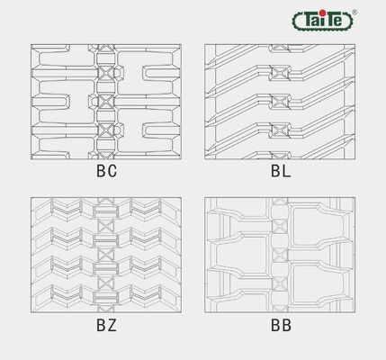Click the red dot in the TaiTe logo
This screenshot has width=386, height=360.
tap(322, 13)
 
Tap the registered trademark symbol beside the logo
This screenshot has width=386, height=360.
tap(355, 12)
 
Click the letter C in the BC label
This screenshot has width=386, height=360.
tap(112, 171)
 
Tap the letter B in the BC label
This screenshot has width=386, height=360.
tap(101, 171)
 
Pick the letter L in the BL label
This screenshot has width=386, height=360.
tap(286, 171)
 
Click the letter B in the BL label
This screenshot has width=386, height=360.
tap(275, 171)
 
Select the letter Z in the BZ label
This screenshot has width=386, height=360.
tap(112, 325)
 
